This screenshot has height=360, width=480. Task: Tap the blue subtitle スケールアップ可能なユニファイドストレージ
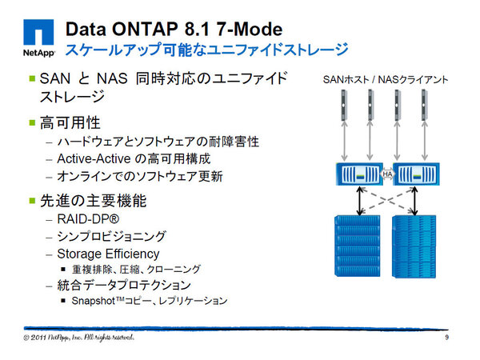click(x=206, y=50)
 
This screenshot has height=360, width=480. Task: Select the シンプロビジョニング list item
click(x=111, y=235)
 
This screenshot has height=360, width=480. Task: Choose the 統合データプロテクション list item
click(x=124, y=285)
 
